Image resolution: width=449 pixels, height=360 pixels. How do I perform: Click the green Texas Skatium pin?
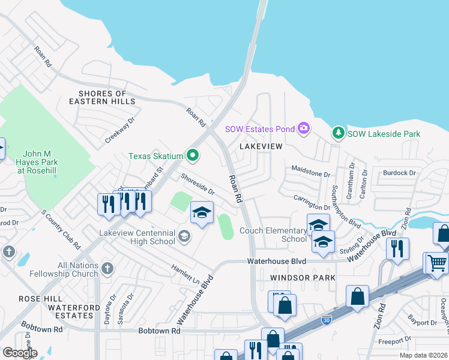193,156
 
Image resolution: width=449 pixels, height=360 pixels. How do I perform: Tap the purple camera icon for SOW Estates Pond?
304,128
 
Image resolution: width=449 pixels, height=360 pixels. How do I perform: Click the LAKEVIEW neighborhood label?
261,146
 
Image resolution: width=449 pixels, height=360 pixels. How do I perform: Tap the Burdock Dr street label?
400,173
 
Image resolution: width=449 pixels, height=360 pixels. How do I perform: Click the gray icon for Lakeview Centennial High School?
184,238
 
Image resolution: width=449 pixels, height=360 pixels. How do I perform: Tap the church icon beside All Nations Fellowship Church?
107,268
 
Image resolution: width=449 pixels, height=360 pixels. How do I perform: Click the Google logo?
19,353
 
